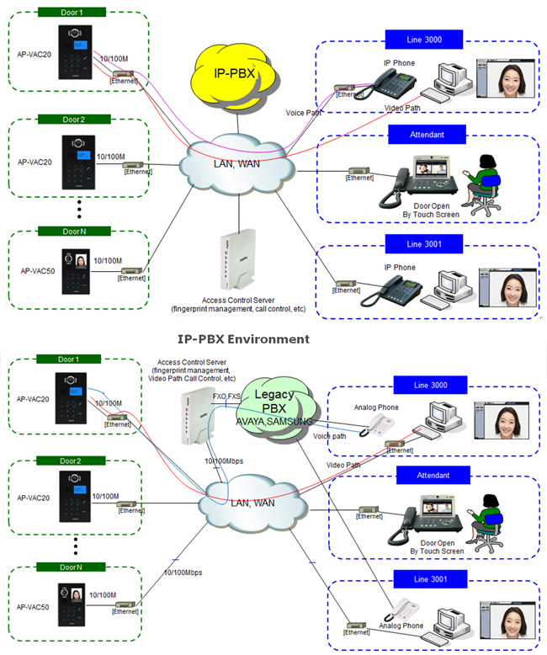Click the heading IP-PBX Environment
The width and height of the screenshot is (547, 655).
[x=243, y=338]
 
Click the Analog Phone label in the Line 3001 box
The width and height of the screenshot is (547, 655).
[x=401, y=626]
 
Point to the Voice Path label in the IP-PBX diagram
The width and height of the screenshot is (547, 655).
[x=305, y=112]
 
